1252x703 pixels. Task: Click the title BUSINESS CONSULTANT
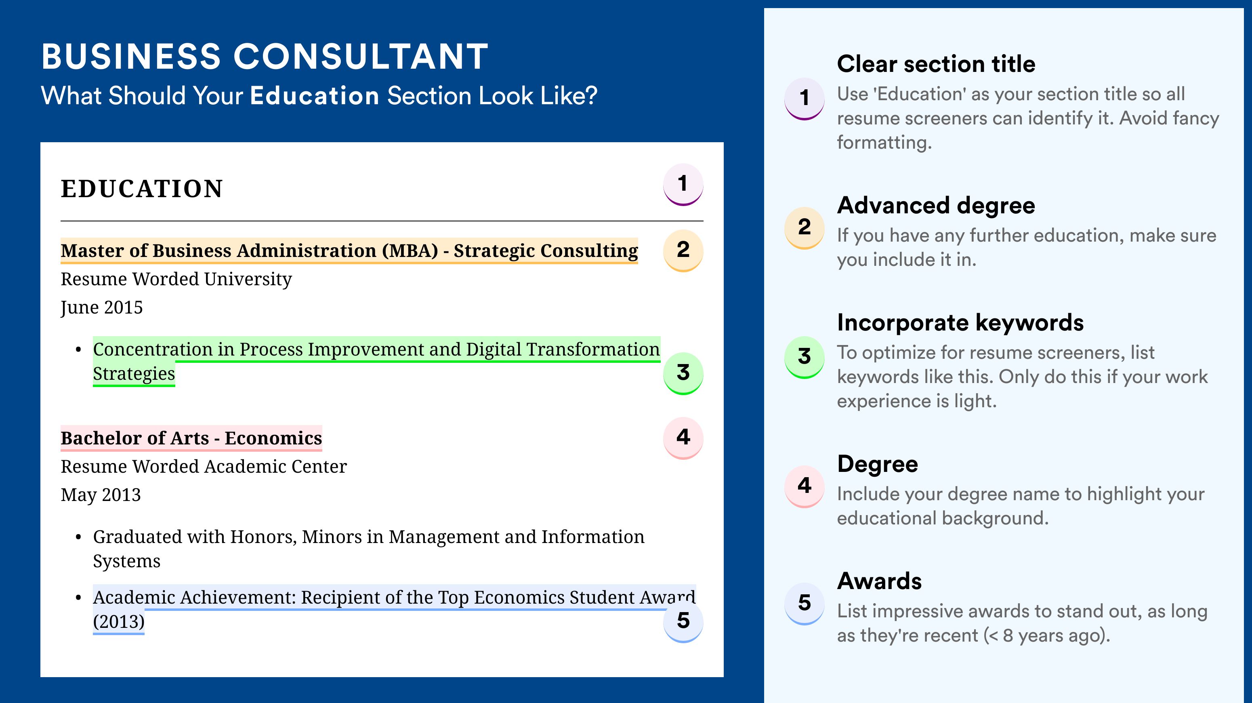pyautogui.click(x=265, y=57)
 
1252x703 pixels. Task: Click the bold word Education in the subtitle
pyautogui.click(x=315, y=96)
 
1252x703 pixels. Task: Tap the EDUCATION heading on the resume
pyautogui.click(x=142, y=189)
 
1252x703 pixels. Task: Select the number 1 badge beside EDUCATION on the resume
pyautogui.click(x=683, y=184)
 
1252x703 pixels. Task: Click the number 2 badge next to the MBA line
pyautogui.click(x=683, y=250)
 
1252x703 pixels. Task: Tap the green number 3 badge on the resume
pyautogui.click(x=683, y=373)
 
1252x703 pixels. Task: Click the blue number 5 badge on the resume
pyautogui.click(x=683, y=621)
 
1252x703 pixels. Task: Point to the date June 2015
pyautogui.click(x=102, y=308)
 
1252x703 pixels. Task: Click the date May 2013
pyautogui.click(x=101, y=495)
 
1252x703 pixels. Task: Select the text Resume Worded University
pyautogui.click(x=176, y=279)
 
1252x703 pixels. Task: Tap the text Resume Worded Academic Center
pyautogui.click(x=204, y=466)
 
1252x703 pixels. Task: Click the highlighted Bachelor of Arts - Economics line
pyautogui.click(x=191, y=438)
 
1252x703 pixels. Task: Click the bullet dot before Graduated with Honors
pyautogui.click(x=78, y=537)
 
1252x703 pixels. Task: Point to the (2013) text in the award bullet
pyautogui.click(x=119, y=622)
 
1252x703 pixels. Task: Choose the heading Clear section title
pyautogui.click(x=936, y=64)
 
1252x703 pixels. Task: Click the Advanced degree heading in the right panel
pyautogui.click(x=936, y=206)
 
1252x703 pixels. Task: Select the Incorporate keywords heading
pyautogui.click(x=960, y=322)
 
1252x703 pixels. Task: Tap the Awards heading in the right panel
pyautogui.click(x=879, y=581)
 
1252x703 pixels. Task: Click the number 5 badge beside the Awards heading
pyautogui.click(x=805, y=603)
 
